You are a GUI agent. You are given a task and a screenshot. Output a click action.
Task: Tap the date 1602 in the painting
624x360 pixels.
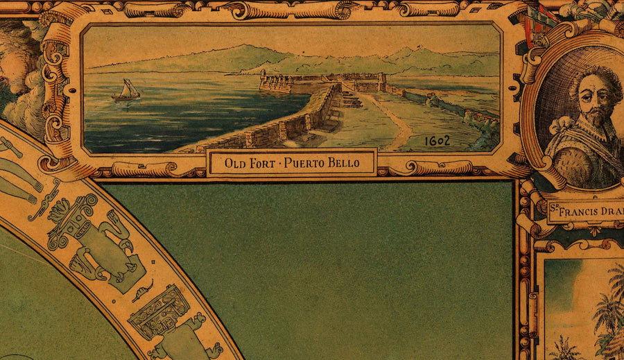coord(437,141)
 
